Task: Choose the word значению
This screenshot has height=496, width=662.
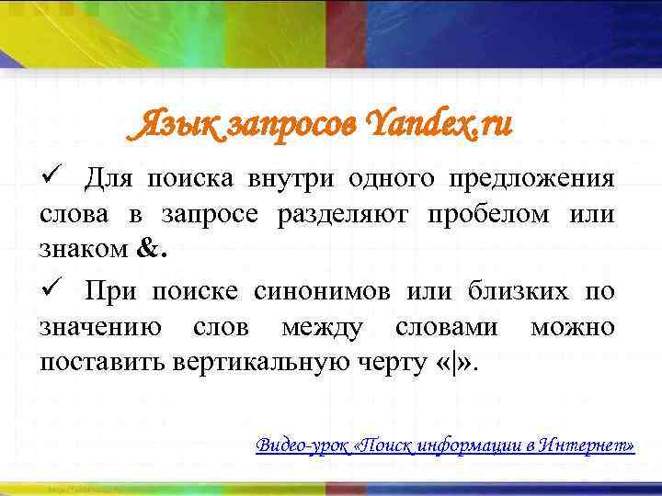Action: pyautogui.click(x=102, y=328)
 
